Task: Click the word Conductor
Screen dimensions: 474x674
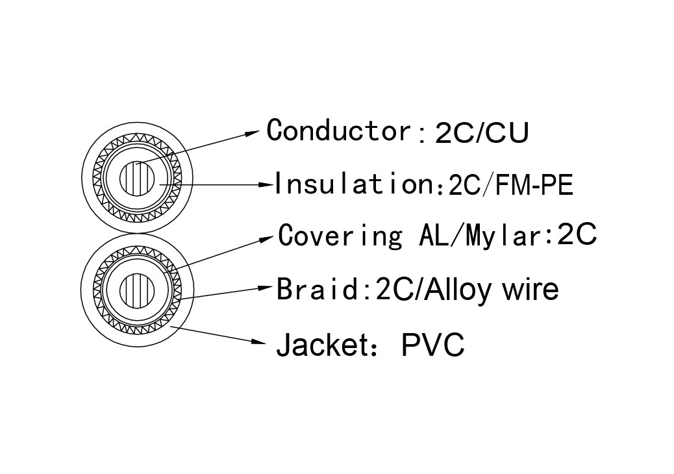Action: [338, 130]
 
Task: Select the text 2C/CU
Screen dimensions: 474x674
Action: [482, 133]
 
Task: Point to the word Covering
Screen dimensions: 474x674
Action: [341, 235]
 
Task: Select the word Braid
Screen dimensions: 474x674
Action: [317, 288]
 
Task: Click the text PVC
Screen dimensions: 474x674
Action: [432, 345]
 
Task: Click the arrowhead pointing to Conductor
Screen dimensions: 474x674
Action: [253, 133]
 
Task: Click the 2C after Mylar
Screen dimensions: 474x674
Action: [577, 235]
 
